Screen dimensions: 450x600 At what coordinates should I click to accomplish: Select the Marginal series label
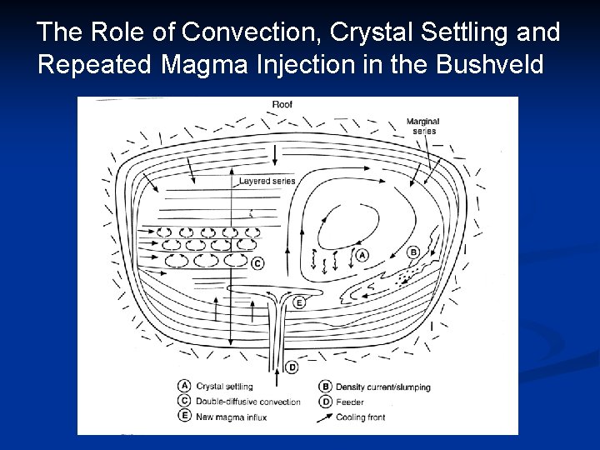[x=423, y=126]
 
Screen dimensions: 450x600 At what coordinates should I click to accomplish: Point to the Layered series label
[x=267, y=181]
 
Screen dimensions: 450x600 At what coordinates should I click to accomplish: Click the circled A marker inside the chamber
[x=362, y=256]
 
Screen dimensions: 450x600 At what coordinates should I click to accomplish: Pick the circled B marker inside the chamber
[x=413, y=252]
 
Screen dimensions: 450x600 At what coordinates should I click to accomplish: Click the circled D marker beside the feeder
[x=292, y=367]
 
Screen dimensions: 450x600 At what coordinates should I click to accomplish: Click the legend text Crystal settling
[x=224, y=387]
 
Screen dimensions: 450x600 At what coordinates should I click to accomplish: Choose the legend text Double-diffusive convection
[x=247, y=402]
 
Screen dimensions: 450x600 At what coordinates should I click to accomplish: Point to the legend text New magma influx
[x=231, y=417]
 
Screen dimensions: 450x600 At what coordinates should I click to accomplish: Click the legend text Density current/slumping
[x=382, y=387]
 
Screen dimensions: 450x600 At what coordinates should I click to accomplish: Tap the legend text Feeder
[x=349, y=402]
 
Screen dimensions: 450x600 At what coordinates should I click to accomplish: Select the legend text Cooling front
[x=361, y=417]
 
